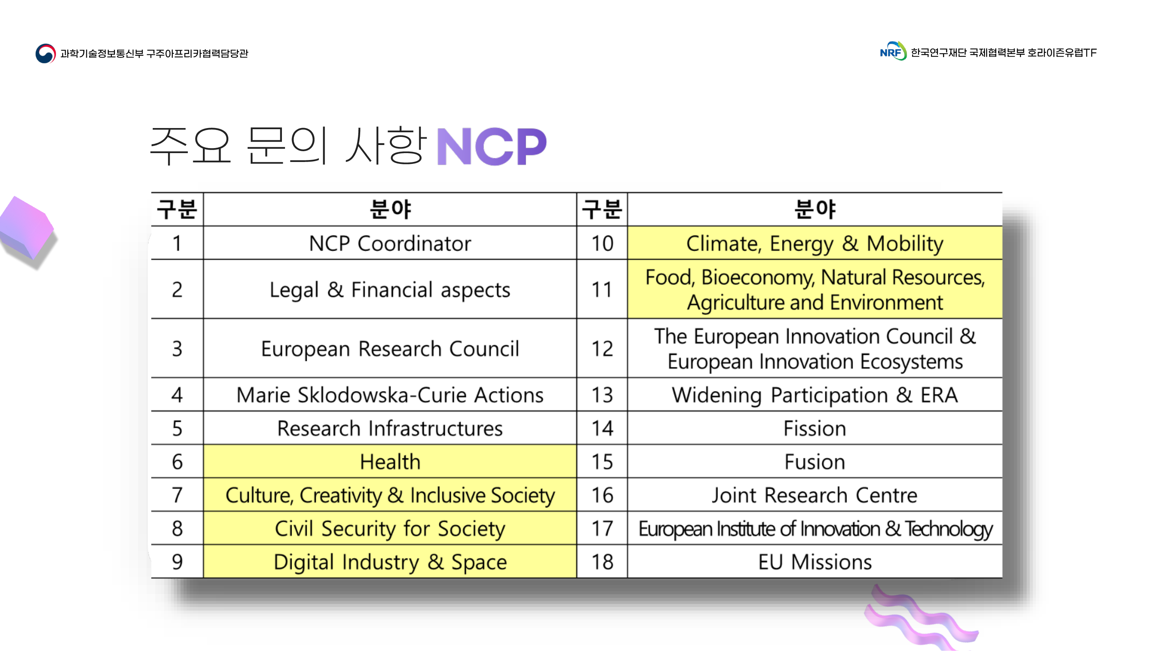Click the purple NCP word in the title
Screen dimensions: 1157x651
491,147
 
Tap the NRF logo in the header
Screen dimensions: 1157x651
893,51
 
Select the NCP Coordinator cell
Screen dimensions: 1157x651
390,243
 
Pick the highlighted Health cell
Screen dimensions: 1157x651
390,461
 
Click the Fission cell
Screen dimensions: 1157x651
815,428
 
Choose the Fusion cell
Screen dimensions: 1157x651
815,461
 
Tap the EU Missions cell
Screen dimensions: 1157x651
815,562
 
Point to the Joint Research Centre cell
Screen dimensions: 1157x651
815,495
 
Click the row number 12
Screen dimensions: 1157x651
602,349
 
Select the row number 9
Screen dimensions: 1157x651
177,562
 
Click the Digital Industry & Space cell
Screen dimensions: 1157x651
390,562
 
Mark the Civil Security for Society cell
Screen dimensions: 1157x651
390,528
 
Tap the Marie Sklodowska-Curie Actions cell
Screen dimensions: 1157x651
390,395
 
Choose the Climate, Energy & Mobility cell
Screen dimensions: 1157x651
815,243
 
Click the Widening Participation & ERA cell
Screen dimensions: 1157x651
815,395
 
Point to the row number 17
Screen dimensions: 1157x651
602,528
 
